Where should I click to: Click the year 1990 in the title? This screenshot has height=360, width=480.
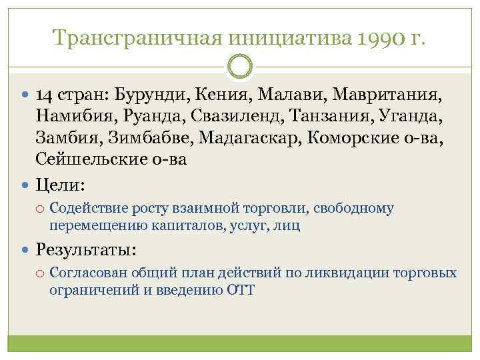coord(380,38)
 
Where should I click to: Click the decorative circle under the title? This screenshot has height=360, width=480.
coord(240,67)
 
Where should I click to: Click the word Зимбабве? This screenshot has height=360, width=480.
coord(141,139)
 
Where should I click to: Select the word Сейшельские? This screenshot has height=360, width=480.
coord(90,161)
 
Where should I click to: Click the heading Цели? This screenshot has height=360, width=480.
coord(58,183)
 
